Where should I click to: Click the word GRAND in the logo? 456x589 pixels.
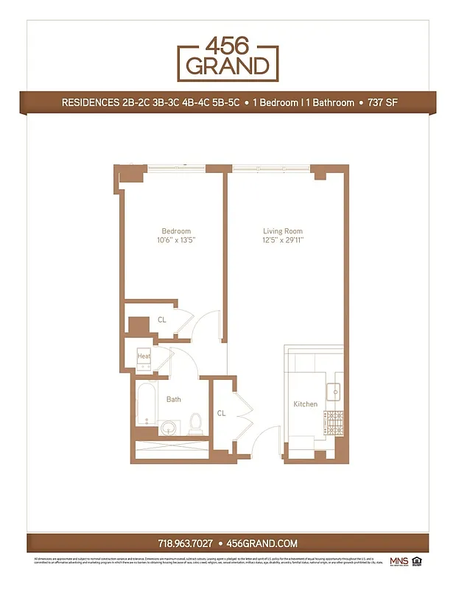click(x=228, y=66)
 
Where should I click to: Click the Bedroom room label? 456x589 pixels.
click(x=176, y=231)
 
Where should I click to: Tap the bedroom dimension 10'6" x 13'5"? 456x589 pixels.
click(x=176, y=240)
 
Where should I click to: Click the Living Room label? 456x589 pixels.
click(x=283, y=231)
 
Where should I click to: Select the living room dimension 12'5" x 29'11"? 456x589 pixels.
click(x=283, y=240)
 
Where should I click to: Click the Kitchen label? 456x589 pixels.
click(x=306, y=404)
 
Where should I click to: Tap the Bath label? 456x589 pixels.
click(x=173, y=400)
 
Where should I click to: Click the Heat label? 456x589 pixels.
click(x=144, y=357)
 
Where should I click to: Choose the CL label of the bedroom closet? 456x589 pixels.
click(x=162, y=320)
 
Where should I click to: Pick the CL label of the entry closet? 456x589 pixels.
click(x=221, y=413)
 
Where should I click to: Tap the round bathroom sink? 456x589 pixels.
click(x=170, y=427)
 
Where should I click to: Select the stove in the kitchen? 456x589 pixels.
click(x=335, y=421)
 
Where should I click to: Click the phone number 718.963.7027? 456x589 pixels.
click(x=186, y=543)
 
